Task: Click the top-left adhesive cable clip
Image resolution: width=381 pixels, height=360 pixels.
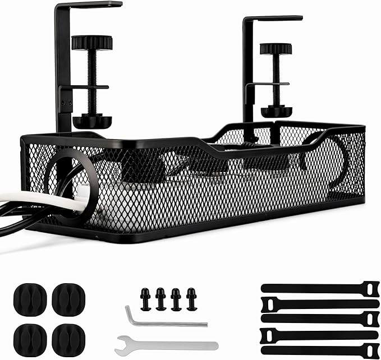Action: click(30, 299)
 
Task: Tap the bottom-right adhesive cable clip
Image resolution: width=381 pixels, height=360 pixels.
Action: click(68, 338)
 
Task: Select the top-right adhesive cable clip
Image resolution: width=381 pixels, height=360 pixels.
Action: click(68, 299)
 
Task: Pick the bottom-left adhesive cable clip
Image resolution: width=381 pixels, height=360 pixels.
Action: click(30, 338)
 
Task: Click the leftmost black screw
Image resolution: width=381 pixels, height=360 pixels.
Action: click(145, 299)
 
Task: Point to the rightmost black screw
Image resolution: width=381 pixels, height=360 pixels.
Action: click(191, 299)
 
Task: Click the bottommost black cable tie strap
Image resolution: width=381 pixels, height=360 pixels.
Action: click(320, 350)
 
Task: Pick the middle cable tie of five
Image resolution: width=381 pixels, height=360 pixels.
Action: click(320, 319)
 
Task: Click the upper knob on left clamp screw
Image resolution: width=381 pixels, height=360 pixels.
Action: click(92, 43)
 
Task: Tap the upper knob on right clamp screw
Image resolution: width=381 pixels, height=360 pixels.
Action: click(276, 49)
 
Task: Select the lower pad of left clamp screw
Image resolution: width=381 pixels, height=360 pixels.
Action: click(92, 120)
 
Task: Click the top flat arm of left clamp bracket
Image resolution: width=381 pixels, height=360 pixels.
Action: click(90, 5)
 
